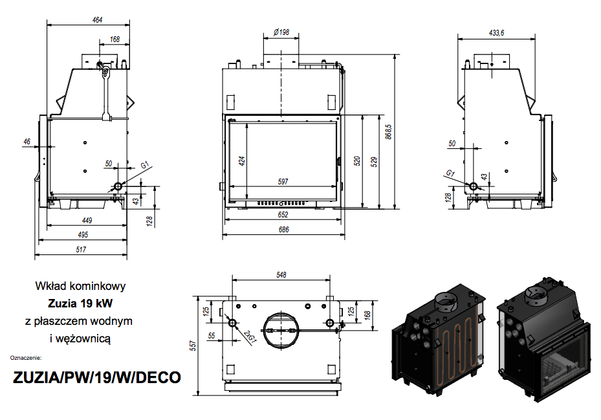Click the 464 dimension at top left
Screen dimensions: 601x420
point(97,19)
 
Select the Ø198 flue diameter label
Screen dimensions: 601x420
point(281,32)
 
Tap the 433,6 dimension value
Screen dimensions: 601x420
point(496,33)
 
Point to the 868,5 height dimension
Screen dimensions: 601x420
point(389,131)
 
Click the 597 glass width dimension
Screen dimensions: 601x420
point(283,181)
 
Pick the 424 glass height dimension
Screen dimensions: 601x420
point(241,160)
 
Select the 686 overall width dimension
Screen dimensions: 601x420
point(283,230)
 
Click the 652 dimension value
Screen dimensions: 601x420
point(283,215)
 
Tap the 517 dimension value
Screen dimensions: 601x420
point(81,250)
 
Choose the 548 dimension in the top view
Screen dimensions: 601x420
point(281,275)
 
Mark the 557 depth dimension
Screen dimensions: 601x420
point(193,346)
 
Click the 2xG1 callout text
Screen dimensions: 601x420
point(250,336)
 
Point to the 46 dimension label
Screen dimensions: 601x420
point(27,142)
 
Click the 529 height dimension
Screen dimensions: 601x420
point(374,162)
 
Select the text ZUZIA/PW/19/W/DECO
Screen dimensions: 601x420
point(97,377)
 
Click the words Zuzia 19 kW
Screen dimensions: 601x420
point(80,304)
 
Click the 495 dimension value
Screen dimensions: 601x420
point(83,235)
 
